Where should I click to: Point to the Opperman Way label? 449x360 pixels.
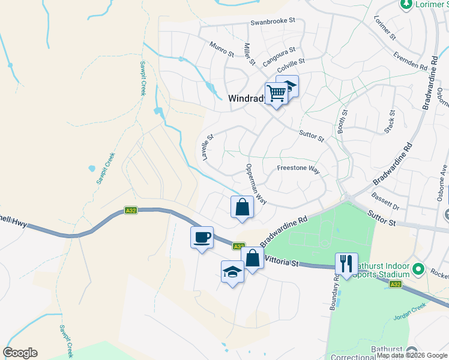coord(256,183)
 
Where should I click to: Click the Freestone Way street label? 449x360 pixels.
coord(298,169)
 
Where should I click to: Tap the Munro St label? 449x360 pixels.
coord(221,49)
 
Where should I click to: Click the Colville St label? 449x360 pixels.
coord(291,61)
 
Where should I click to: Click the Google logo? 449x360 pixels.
coord(20,353)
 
